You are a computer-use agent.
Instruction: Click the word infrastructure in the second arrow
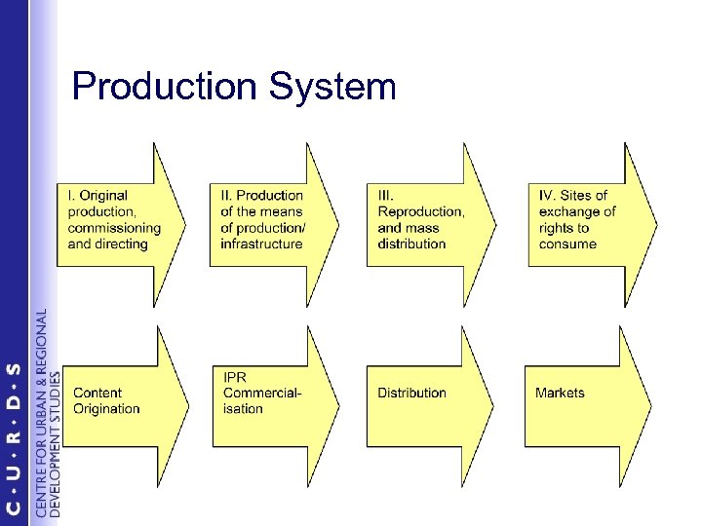pos(261,244)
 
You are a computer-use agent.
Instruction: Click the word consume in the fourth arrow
pos(567,244)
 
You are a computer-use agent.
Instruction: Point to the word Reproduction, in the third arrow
pos(420,211)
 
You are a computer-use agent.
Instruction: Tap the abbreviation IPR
pos(235,377)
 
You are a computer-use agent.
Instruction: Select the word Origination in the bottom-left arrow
pos(107,409)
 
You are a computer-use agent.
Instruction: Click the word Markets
pos(560,393)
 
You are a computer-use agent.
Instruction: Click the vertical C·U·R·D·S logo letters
pos(14,438)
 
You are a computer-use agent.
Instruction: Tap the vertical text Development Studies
pos(55,443)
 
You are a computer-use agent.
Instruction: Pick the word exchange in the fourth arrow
pos(577,211)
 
